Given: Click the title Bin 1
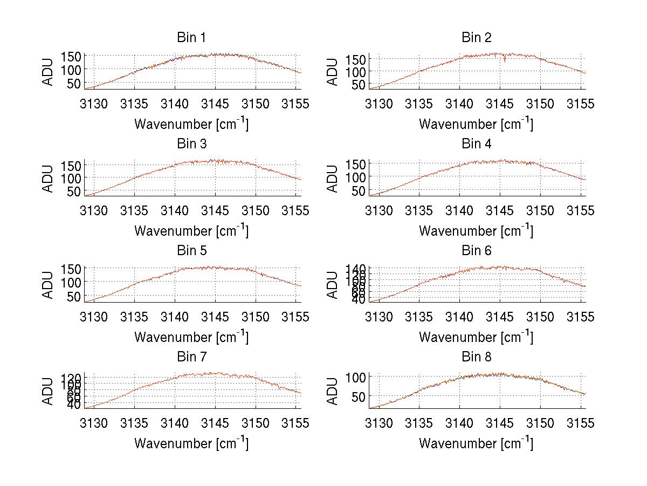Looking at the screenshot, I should pyautogui.click(x=191, y=37).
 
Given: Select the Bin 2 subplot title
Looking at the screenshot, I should pyautogui.click(x=476, y=37).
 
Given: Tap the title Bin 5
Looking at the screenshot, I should pyautogui.click(x=191, y=250).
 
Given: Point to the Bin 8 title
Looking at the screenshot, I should pyautogui.click(x=476, y=357).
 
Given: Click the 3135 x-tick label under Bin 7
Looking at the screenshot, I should pyautogui.click(x=135, y=423).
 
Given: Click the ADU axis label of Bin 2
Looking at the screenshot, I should pyautogui.click(x=333, y=72).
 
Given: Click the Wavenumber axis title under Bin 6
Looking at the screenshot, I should pyautogui.click(x=476, y=337).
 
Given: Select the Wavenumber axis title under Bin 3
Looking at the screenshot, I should pyautogui.click(x=191, y=230).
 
